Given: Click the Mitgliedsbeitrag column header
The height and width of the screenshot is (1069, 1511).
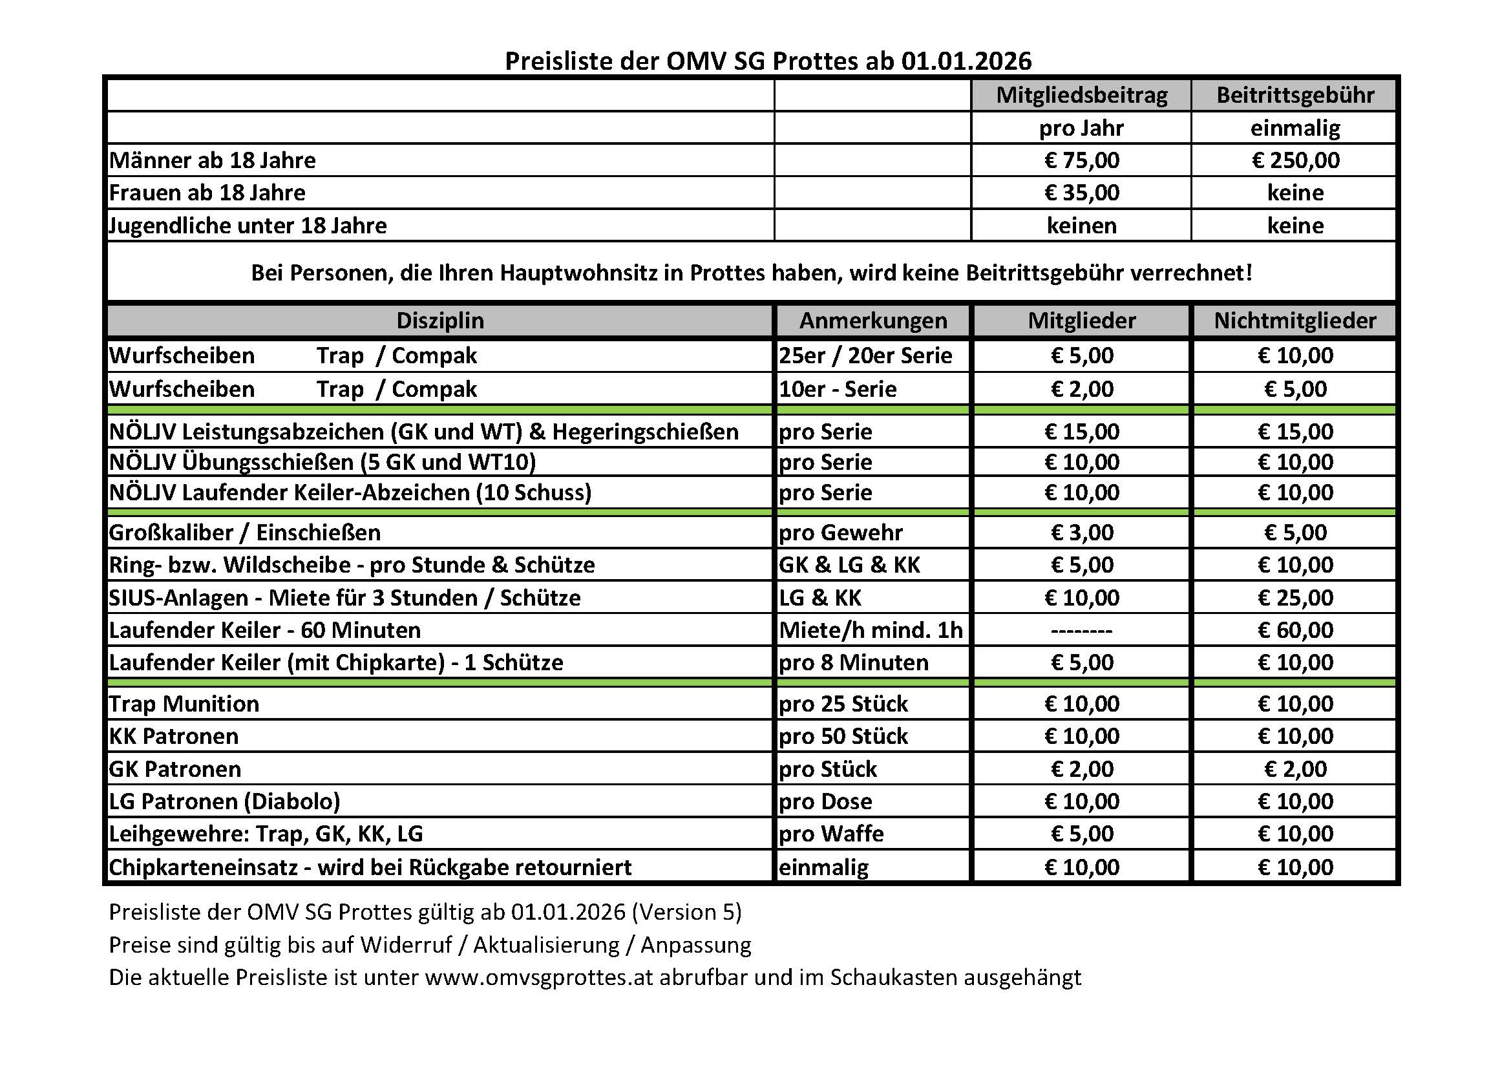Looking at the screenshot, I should coord(1081,96).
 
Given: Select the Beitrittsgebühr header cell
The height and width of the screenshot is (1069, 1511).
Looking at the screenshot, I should coord(1294,96).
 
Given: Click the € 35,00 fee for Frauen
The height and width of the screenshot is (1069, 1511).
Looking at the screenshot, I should coord(1081,193).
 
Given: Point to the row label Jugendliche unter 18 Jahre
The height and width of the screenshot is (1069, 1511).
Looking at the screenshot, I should coord(248,226).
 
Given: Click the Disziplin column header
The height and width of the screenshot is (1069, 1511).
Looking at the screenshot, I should coord(439,321).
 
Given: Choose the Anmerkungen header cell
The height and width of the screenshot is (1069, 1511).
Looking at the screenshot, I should coord(872,321).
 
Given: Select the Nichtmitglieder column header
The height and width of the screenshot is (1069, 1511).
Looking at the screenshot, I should coord(1294,321).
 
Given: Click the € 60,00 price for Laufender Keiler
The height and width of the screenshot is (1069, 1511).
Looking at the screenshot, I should coord(1294,630).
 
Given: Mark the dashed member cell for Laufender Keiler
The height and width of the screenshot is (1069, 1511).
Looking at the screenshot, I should coord(1081,631).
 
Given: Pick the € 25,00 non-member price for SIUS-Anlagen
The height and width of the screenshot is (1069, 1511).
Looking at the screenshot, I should coord(1294,598).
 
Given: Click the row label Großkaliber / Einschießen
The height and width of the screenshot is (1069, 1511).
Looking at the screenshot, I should coord(245,533).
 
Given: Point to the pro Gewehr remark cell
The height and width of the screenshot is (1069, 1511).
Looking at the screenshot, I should coord(840,533).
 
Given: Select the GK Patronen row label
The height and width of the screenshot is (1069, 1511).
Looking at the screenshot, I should coord(175,769).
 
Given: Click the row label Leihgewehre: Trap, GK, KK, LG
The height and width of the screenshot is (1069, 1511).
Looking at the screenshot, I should coord(266,834).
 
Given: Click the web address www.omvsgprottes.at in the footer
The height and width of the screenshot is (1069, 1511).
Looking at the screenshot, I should coord(539,977).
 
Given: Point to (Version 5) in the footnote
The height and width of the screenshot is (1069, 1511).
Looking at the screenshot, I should coord(686,912).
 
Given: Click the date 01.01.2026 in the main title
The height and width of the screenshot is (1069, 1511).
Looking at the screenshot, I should coord(966,61).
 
